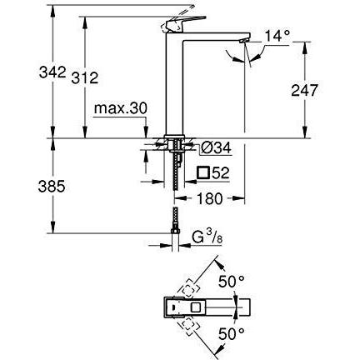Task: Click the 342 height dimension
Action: coord(52,72)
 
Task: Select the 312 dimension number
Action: coord(85,77)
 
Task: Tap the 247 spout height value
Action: coord(304,90)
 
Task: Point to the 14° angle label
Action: coord(277,36)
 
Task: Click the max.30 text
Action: coord(121,108)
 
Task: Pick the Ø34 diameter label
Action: coord(216,147)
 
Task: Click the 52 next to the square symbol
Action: coord(221,173)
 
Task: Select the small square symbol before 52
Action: coord(202,172)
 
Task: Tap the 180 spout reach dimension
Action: coord(210,198)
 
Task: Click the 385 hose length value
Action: coord(52,186)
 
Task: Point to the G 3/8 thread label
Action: coord(207,237)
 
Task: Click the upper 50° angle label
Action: coord(232,282)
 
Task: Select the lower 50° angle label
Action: coord(232,333)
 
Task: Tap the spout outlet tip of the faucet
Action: coord(243,41)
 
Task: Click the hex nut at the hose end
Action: coord(175,231)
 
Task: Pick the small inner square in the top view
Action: coord(196,307)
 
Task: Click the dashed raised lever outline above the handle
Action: coord(177,18)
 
